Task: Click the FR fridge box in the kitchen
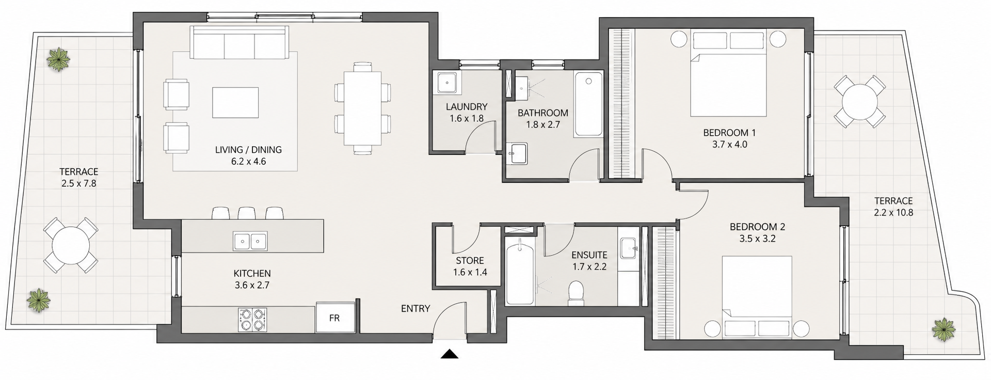(335, 318)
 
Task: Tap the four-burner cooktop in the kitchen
(251, 320)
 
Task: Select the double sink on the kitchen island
(250, 241)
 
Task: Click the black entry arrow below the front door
(450, 354)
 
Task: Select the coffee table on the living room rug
(235, 102)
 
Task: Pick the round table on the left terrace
(70, 245)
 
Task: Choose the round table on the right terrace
(859, 102)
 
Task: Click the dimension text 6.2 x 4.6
(248, 162)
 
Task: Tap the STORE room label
(470, 261)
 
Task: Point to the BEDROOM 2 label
(757, 227)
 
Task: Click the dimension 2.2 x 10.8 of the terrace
(893, 212)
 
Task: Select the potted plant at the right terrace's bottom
(944, 328)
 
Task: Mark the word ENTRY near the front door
(415, 309)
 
